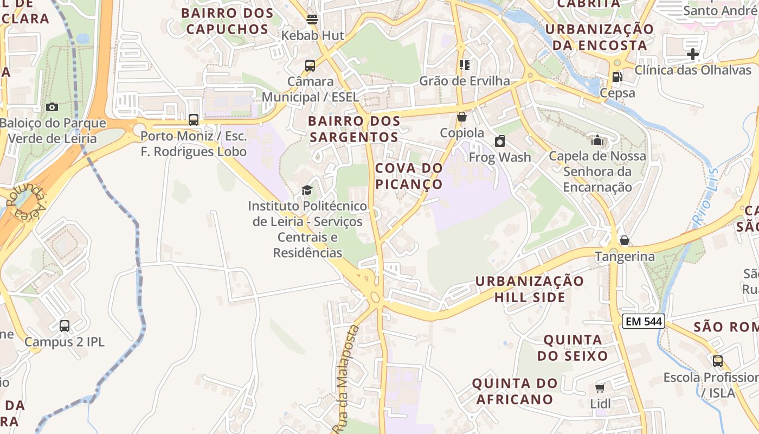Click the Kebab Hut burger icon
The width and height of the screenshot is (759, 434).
point(312,20)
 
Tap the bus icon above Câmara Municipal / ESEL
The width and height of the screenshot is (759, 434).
point(310,66)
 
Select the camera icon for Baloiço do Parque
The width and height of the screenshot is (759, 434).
point(52,107)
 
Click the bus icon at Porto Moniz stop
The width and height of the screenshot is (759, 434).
point(194,120)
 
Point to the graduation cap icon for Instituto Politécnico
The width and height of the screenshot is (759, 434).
point(307,190)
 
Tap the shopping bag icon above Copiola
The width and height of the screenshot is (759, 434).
point(462,117)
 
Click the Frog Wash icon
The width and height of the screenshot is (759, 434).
point(500,142)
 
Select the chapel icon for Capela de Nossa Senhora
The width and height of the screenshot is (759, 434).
point(597,140)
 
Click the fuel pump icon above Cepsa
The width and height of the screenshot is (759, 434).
point(617,77)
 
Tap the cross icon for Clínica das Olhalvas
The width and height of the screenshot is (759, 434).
point(692,54)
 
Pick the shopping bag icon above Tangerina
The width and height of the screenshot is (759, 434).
point(625,240)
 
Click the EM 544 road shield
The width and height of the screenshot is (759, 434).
point(643,321)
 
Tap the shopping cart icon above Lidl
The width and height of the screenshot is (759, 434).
point(600,388)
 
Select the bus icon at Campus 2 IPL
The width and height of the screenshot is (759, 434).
point(65,326)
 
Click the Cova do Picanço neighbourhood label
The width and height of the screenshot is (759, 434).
point(409,176)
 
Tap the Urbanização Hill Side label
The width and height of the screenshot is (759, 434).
point(530,289)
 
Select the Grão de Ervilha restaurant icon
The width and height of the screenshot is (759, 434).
point(465,65)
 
